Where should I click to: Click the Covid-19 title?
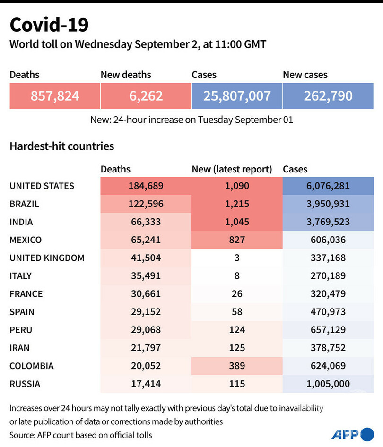49,25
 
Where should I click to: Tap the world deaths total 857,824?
55,96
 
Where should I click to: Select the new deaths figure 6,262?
146,96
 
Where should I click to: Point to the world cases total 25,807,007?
237,96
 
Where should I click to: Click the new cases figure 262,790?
328,96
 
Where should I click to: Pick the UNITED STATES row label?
42,186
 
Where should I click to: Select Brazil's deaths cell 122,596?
146,204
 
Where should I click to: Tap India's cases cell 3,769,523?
328,222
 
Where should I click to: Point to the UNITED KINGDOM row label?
47,258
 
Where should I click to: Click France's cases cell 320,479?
328,294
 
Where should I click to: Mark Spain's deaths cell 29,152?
146,312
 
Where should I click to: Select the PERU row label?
21,330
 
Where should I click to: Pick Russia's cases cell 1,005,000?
328,384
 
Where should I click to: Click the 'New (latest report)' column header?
232,169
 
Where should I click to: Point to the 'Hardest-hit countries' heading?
62,146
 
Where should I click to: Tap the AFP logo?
352,433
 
